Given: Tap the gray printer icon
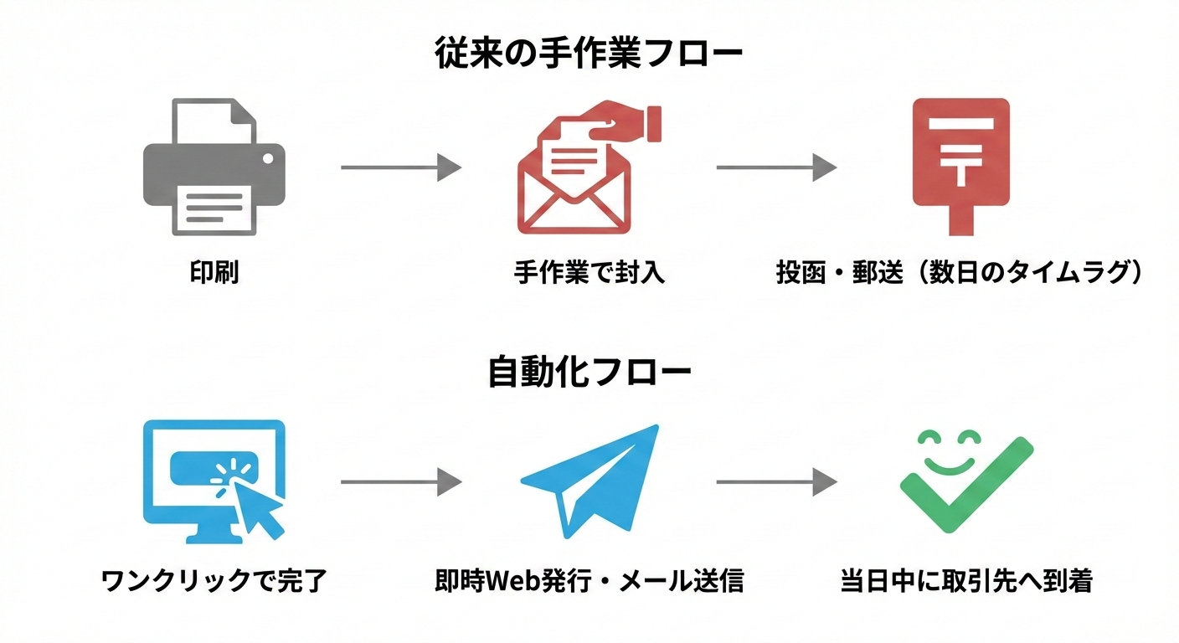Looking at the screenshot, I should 214,167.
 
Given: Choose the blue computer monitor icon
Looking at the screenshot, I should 214,480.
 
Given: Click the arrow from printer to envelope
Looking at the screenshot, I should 400,167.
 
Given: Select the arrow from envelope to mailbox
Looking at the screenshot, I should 775,167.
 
